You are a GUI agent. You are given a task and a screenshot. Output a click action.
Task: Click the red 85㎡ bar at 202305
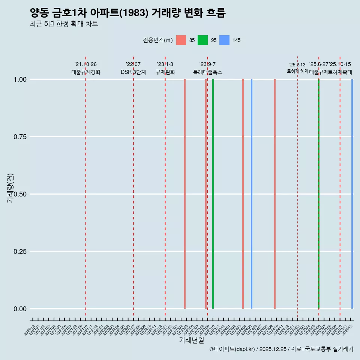click(185, 194)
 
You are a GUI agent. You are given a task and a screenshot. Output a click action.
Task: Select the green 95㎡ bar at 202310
click(213, 194)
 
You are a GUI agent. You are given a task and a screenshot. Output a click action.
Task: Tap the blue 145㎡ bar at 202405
click(251, 194)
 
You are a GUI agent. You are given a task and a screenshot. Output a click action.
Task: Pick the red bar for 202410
click(275, 194)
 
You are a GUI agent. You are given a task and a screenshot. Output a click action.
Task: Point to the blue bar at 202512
click(352, 194)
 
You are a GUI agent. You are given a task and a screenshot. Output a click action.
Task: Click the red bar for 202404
click(243, 194)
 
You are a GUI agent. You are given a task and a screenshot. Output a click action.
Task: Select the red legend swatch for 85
click(181, 40)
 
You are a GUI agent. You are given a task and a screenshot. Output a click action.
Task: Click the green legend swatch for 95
click(202, 40)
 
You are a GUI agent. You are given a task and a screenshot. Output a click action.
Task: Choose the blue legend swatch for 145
click(224, 40)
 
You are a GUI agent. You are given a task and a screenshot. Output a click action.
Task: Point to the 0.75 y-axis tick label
click(20, 137)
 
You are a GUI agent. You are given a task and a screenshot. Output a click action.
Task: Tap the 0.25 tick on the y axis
click(20, 251)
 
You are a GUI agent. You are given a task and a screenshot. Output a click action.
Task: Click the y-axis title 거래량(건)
click(10, 188)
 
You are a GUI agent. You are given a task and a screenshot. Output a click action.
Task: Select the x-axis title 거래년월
click(191, 340)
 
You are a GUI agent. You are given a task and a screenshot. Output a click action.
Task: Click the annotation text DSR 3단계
click(133, 72)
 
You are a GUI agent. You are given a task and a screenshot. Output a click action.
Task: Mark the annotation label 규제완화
click(165, 72)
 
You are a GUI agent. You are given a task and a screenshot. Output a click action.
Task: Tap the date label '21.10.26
click(85, 64)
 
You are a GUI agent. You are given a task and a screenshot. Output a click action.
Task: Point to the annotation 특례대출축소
click(208, 72)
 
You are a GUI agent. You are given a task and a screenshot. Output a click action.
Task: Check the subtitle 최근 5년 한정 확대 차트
click(64, 24)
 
